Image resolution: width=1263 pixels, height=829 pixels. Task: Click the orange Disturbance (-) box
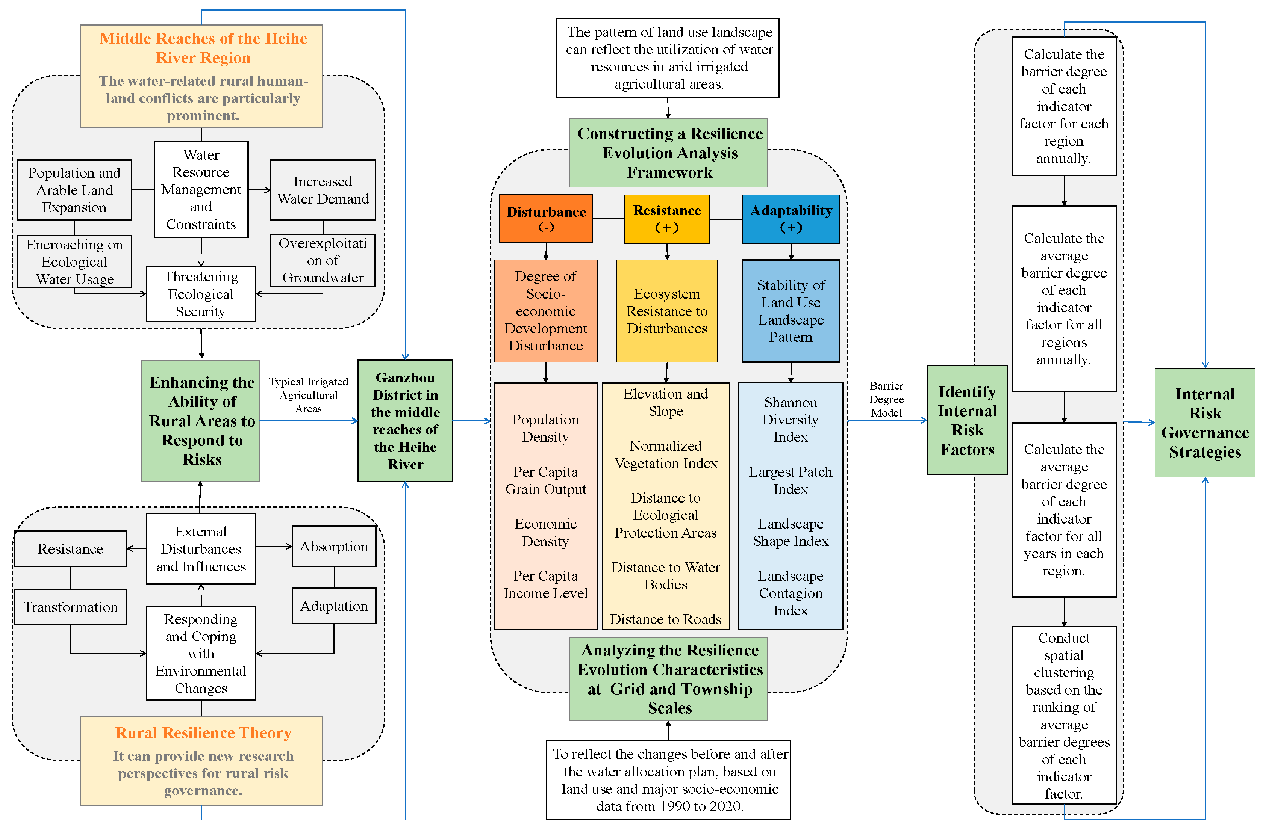coord(546,219)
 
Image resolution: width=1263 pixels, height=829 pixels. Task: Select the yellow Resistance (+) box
coord(667,219)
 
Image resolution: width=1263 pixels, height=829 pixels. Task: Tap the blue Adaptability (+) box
coord(791,219)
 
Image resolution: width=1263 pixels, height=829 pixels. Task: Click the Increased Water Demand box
coord(323,190)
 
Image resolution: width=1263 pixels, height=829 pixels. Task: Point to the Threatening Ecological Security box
coord(201,294)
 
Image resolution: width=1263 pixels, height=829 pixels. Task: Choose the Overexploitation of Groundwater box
coord(323,260)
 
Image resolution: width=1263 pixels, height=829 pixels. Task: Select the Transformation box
coord(71,607)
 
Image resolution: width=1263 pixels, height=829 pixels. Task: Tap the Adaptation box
coord(334,606)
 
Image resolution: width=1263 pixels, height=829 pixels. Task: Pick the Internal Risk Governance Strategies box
coord(1205,423)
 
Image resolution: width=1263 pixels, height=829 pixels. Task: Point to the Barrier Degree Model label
coord(886,399)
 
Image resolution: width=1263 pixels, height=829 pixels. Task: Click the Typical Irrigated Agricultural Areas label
coord(308,395)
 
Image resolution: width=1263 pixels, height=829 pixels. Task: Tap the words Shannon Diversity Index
coord(790,420)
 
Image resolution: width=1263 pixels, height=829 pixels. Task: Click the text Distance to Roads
coord(665,619)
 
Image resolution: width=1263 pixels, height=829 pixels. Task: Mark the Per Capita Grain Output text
coord(545,480)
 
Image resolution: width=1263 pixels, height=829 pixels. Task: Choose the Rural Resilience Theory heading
coord(203,732)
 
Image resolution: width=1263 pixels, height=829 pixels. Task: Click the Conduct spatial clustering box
coord(1064,715)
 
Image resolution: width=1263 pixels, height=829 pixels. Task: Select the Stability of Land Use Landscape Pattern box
coord(791,311)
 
